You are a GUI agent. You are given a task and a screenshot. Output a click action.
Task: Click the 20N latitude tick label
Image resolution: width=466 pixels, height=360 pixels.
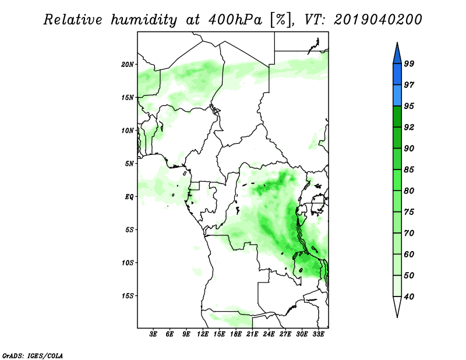point(128,65)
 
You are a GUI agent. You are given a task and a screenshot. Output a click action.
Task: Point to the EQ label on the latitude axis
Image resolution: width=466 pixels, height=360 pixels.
point(129,197)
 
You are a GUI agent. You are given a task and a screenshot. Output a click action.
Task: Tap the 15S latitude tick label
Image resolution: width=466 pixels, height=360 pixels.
point(128,296)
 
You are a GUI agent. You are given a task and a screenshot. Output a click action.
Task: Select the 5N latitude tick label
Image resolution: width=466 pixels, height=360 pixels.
point(129,164)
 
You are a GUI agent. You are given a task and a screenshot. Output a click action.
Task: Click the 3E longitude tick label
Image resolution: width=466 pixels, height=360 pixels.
point(153,334)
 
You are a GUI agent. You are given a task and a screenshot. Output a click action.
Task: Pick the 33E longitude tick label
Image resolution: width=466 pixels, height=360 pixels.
point(318,334)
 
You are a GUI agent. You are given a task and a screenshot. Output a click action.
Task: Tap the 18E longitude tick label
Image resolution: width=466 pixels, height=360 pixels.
point(235,334)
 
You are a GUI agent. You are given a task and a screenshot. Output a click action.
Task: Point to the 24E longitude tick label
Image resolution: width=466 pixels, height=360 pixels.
point(269,334)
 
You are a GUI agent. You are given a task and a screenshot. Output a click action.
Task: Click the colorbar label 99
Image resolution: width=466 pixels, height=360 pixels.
point(409,63)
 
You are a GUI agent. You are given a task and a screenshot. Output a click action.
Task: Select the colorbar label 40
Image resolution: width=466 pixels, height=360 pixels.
point(409,297)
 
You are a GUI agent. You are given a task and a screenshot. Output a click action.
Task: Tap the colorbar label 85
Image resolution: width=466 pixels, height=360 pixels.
point(409,170)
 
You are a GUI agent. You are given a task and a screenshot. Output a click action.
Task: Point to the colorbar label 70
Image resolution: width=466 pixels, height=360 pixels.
point(409,233)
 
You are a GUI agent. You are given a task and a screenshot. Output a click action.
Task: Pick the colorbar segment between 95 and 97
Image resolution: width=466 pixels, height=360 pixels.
point(397,96)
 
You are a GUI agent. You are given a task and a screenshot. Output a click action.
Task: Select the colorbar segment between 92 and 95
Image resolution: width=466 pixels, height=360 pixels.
point(397,117)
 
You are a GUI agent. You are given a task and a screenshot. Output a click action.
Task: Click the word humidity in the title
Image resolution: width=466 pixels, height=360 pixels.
point(144,20)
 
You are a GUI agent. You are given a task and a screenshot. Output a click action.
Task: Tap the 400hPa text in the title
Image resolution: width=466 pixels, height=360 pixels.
point(235,20)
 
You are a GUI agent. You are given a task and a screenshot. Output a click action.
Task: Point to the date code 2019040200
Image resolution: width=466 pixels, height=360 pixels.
point(377,20)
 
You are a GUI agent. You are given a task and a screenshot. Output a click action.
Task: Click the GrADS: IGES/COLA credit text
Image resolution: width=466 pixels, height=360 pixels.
point(33,355)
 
